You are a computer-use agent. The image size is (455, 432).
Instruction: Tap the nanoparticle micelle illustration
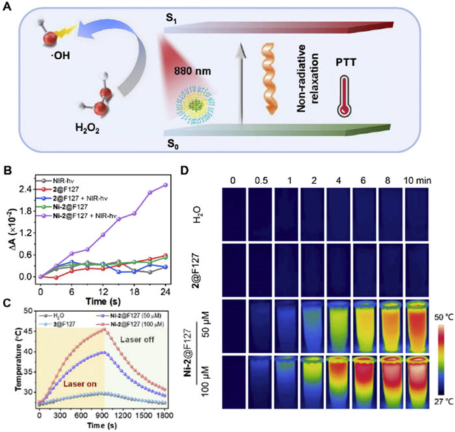[x=196, y=105]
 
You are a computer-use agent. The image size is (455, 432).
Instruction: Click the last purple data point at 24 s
[x=166, y=184]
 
